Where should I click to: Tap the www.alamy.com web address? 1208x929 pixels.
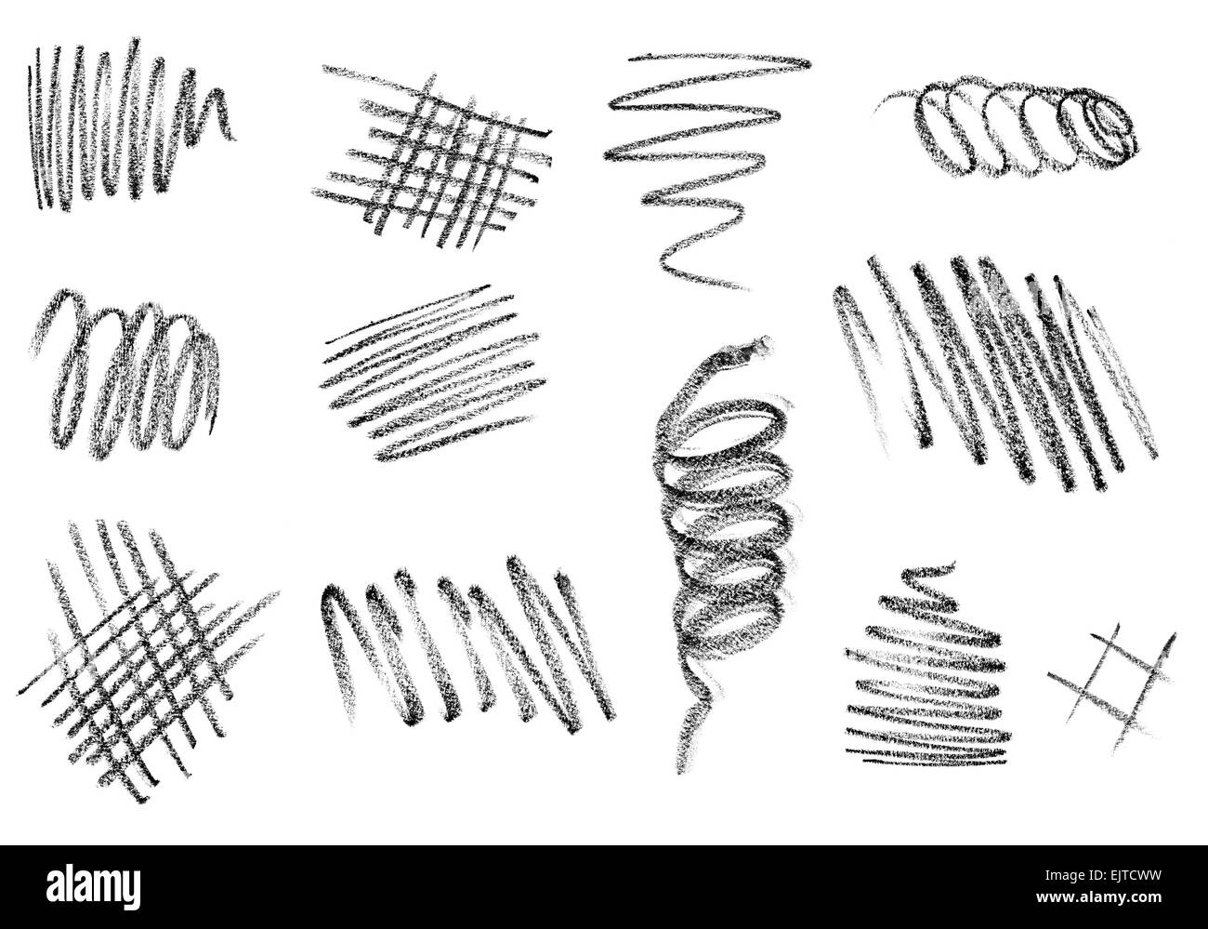(1099, 898)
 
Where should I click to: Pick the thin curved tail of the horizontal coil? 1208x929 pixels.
(896, 100)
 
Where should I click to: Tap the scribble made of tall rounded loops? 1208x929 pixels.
(125, 375)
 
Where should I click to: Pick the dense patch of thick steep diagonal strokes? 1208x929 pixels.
(995, 373)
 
